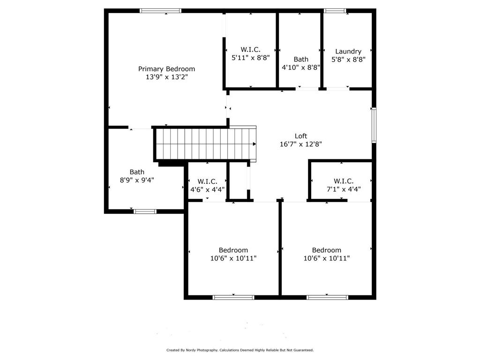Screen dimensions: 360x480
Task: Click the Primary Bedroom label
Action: coord(166,69)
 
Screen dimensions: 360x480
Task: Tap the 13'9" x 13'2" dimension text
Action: coord(166,77)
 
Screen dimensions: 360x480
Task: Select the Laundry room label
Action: coord(348,51)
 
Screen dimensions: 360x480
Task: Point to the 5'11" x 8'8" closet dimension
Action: coord(250,58)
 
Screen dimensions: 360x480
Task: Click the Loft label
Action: coord(300,136)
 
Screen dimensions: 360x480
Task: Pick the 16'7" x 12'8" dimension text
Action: coord(300,144)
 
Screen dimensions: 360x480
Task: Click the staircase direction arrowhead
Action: coord(254,144)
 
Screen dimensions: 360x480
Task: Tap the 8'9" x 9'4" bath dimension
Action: coord(137,180)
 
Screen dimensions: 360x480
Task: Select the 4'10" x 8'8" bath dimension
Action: coord(300,67)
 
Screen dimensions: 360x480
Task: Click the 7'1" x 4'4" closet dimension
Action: coord(344,189)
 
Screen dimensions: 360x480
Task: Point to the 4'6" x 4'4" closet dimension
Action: coord(207,189)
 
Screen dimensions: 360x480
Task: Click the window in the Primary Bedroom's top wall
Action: coord(160,11)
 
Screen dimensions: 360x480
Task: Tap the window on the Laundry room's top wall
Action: coord(335,11)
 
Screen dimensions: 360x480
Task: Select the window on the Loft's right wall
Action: coord(374,125)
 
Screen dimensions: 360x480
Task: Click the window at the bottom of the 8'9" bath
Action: coord(145,211)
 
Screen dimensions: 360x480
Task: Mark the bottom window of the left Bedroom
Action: coord(233,297)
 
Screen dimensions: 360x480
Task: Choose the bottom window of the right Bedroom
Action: coord(327,297)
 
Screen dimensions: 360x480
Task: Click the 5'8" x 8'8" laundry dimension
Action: coord(348,60)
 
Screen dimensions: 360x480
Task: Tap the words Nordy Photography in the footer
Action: coord(202,350)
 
